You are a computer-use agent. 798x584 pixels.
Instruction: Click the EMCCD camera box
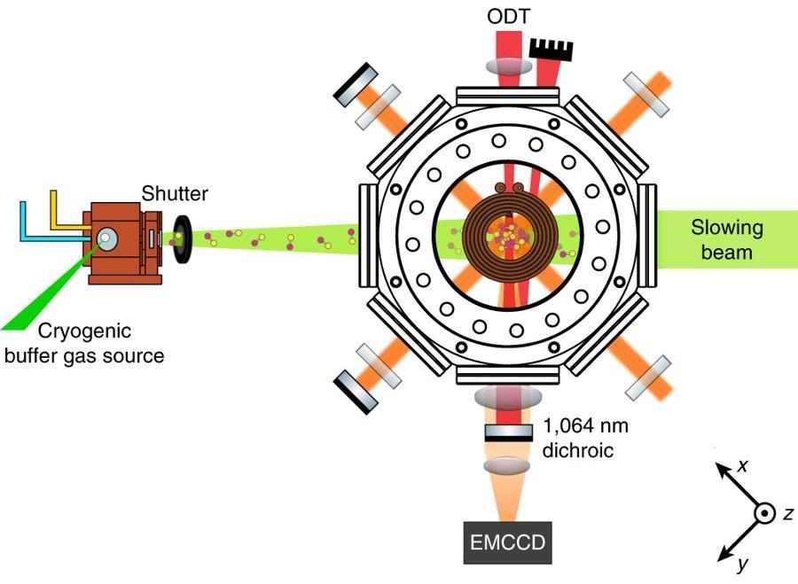coord(508,541)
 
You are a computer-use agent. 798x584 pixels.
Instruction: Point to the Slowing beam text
coord(726,240)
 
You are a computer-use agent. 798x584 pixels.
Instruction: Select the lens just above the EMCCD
coord(508,464)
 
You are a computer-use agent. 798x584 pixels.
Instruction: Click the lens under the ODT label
coord(508,64)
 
